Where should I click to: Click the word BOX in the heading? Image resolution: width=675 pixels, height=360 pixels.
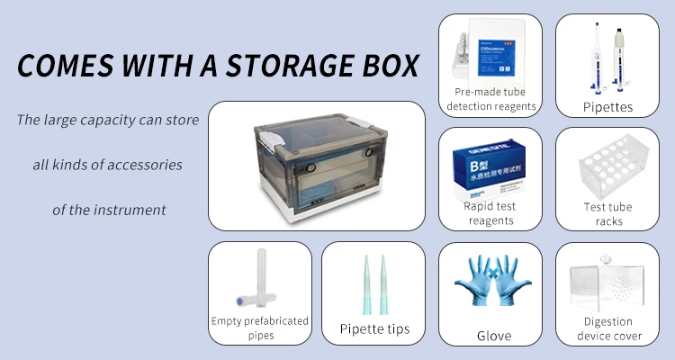(x=393, y=66)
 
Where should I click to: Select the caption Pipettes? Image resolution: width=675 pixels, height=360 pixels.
(x=607, y=108)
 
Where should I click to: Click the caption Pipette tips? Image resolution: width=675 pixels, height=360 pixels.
(x=374, y=328)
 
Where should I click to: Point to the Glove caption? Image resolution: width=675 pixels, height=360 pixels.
(x=493, y=336)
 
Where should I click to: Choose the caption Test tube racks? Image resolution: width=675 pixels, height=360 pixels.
(x=607, y=214)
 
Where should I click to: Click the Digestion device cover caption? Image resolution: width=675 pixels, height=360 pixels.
(x=607, y=328)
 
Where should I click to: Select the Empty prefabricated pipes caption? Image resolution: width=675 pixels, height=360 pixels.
(x=259, y=328)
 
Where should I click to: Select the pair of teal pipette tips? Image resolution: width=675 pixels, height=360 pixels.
(x=374, y=282)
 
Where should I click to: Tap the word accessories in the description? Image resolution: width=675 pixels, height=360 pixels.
(x=143, y=166)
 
